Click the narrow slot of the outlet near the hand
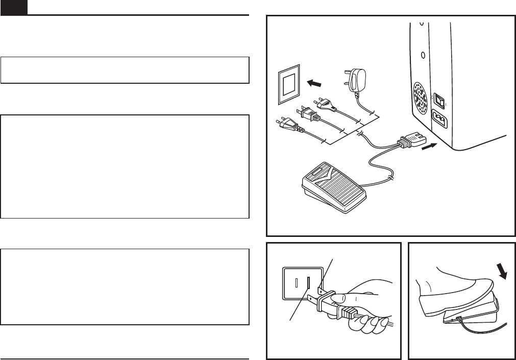(294, 281)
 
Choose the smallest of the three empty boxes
(125, 70)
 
